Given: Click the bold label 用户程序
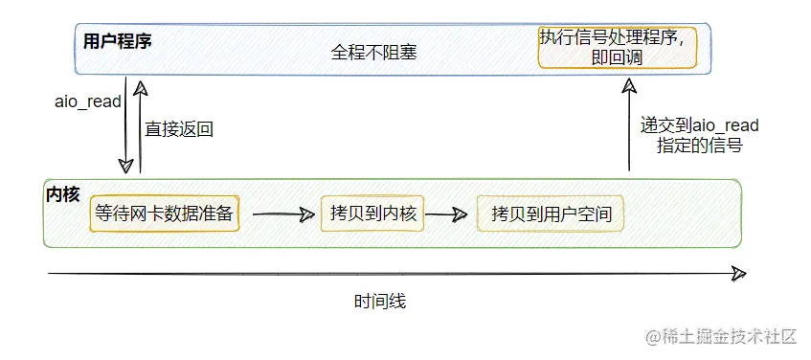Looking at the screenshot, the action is click(118, 41).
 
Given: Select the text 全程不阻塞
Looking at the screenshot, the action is click(374, 53).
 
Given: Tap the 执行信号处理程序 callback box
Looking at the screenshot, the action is click(618, 48).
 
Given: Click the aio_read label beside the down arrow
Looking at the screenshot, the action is click(88, 101).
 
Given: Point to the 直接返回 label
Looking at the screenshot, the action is click(179, 129).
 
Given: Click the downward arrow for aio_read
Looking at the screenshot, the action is click(125, 125).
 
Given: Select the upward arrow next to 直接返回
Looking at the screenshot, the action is click(140, 126).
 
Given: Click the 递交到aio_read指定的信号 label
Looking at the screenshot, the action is click(699, 136).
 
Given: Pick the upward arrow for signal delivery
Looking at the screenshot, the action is click(629, 124).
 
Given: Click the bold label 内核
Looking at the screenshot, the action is click(62, 194).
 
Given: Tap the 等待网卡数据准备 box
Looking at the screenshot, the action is click(165, 214).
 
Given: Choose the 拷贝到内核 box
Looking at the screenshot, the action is click(372, 214).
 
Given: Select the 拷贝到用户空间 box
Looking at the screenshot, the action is click(551, 214).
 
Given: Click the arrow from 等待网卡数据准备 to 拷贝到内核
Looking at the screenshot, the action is click(283, 214).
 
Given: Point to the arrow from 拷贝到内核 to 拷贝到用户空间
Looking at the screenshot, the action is click(446, 214).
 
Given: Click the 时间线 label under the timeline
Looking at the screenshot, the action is click(380, 301).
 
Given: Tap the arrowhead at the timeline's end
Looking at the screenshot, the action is click(739, 273).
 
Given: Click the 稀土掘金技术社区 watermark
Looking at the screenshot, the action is click(720, 337).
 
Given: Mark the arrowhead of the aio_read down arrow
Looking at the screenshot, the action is click(125, 167).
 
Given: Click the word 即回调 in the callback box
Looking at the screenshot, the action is click(617, 57).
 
